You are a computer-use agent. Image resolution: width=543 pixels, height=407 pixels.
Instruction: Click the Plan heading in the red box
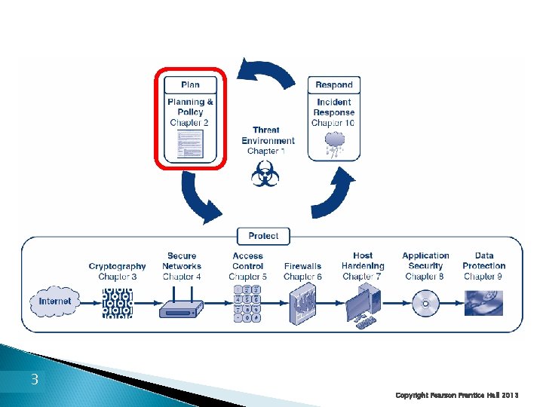(x=190, y=84)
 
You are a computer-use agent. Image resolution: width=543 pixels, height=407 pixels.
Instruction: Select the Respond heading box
(x=334, y=84)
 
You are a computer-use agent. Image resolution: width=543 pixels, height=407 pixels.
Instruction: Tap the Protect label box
(x=263, y=236)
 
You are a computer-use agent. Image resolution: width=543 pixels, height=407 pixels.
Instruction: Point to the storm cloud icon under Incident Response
(x=334, y=143)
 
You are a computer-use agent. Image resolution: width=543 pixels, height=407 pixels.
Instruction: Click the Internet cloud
(x=55, y=301)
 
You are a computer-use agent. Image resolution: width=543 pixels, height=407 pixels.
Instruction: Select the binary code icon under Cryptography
(x=117, y=302)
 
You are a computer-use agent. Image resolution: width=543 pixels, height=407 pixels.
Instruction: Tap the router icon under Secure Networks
(x=182, y=305)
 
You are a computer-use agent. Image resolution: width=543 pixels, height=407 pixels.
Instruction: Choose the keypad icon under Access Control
(x=248, y=302)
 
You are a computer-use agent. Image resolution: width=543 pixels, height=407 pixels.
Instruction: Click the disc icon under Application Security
(x=425, y=304)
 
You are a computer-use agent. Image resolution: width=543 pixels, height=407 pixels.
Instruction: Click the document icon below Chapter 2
(x=190, y=143)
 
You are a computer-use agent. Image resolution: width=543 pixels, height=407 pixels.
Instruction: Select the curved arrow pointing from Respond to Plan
(x=266, y=72)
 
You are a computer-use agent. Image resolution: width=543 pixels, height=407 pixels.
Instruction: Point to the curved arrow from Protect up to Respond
(x=333, y=194)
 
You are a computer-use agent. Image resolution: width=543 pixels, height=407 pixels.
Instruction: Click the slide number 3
(x=34, y=380)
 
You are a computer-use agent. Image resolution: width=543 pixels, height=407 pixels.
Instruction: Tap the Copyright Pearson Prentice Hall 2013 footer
(x=457, y=395)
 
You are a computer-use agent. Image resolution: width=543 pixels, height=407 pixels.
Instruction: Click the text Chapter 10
(x=333, y=123)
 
